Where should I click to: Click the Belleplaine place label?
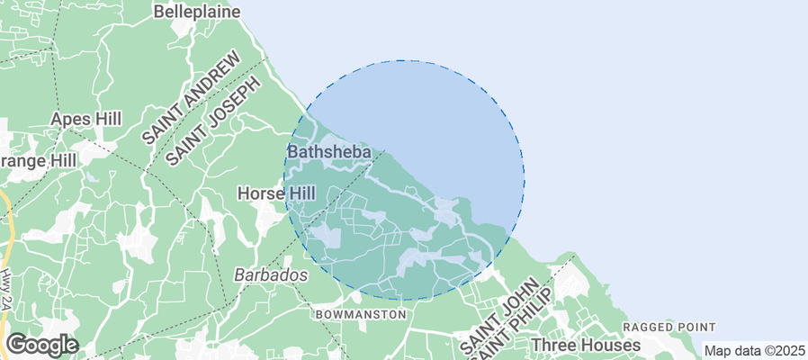tap(197, 12)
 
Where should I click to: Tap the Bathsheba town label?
tap(329, 152)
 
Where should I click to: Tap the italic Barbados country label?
tap(271, 274)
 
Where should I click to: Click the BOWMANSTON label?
tap(361, 314)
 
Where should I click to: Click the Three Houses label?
tap(586, 345)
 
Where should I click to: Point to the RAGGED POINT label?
tap(669, 327)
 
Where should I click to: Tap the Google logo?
tap(41, 344)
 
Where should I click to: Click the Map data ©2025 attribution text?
tap(754, 350)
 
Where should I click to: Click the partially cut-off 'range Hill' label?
tap(39, 158)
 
